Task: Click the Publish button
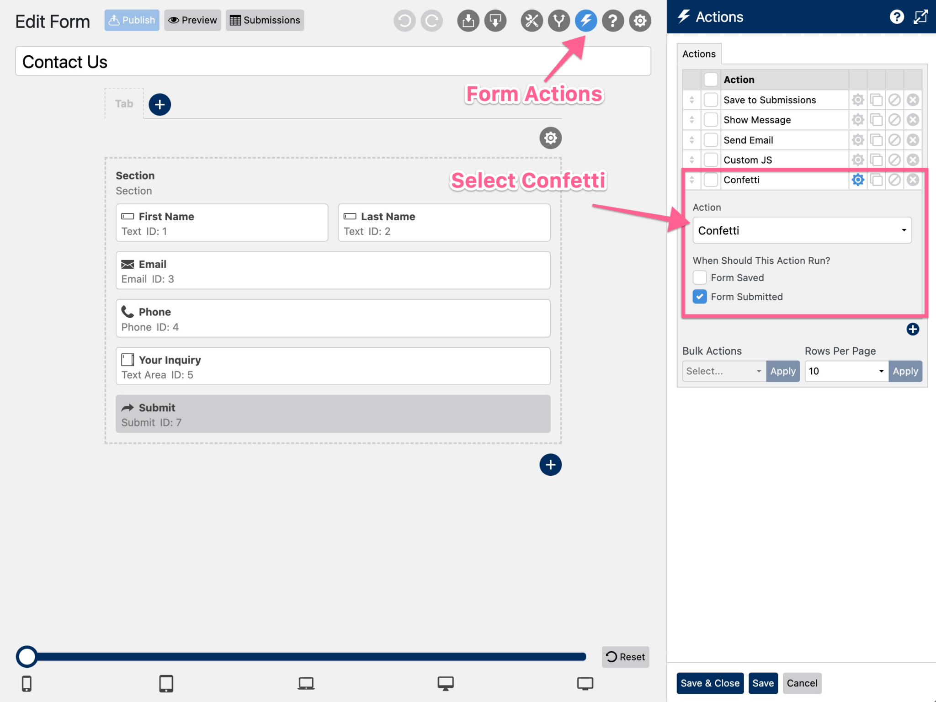[132, 20]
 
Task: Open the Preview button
[192, 20]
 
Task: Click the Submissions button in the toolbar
[265, 20]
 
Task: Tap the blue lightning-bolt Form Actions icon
[585, 21]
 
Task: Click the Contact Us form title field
[333, 61]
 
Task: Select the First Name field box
[222, 223]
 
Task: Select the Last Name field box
[444, 223]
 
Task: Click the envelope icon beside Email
[128, 264]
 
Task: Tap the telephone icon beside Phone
[128, 312]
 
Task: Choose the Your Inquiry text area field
[333, 367]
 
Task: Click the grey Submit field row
[333, 414]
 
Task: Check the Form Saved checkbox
[700, 277]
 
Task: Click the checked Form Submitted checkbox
[700, 297]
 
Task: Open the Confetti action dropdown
[802, 230]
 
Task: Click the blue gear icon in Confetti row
[858, 180]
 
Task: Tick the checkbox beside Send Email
[711, 140]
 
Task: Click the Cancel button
[802, 683]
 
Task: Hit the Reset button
[625, 657]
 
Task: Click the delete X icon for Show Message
[913, 120]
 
